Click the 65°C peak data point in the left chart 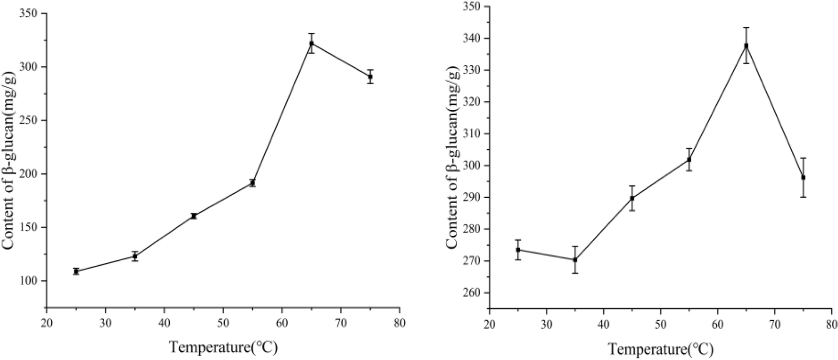pos(311,43)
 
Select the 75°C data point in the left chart pos(370,77)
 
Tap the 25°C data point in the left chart pos(76,272)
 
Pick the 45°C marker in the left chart pos(194,216)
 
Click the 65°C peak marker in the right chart pos(746,45)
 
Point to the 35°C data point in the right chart pos(575,260)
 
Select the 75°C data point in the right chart pos(803,178)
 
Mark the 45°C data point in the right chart pos(632,198)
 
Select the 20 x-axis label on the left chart pos(47,324)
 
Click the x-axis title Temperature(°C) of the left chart pos(223,347)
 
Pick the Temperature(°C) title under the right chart pos(660,349)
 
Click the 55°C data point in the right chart pos(689,159)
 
